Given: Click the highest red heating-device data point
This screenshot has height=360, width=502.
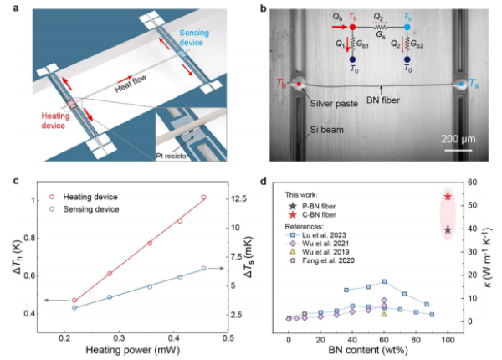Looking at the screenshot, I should click(x=203, y=198).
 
